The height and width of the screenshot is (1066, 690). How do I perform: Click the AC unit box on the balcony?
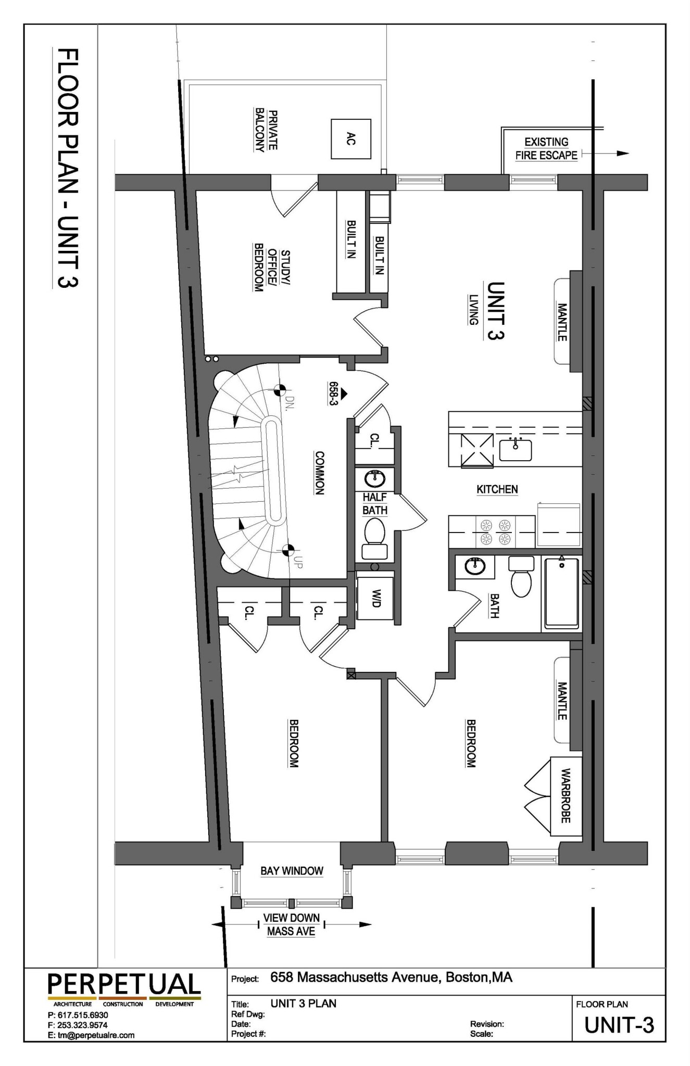(x=351, y=138)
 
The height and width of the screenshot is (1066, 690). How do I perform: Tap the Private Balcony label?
(x=266, y=130)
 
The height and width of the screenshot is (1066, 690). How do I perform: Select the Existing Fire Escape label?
(x=546, y=148)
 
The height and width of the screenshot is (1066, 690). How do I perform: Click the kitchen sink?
(x=516, y=450)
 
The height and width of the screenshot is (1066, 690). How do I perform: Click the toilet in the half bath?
(x=374, y=539)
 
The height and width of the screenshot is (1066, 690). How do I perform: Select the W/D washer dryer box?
(x=375, y=598)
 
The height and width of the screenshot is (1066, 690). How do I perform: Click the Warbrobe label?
(x=566, y=795)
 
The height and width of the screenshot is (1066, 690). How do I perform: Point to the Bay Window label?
(x=292, y=871)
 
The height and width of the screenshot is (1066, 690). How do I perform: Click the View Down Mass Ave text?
(x=291, y=924)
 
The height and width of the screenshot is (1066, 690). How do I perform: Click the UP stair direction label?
(x=297, y=562)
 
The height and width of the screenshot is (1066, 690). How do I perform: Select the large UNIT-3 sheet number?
(x=619, y=1025)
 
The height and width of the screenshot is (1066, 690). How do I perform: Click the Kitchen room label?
(x=497, y=489)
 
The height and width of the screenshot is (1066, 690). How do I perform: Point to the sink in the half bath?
(x=374, y=477)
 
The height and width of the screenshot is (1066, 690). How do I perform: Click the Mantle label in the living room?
(x=562, y=322)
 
